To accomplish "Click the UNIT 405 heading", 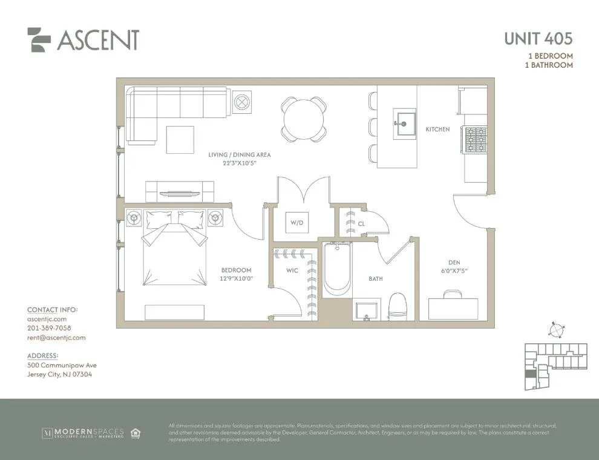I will [x=538, y=39].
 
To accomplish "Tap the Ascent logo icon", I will [x=39, y=40].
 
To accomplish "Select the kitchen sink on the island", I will [x=404, y=123].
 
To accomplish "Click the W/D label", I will [x=296, y=223].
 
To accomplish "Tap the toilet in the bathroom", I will [x=398, y=305].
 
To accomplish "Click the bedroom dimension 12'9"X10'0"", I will [x=236, y=278].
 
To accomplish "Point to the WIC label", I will [x=292, y=270].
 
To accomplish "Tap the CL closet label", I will [x=362, y=223].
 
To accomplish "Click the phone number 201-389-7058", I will [x=49, y=328].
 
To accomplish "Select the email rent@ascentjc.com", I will [x=56, y=338].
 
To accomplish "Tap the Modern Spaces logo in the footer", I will [x=83, y=432].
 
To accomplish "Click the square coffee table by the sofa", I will [x=180, y=140].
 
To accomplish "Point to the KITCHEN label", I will [x=437, y=129].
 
